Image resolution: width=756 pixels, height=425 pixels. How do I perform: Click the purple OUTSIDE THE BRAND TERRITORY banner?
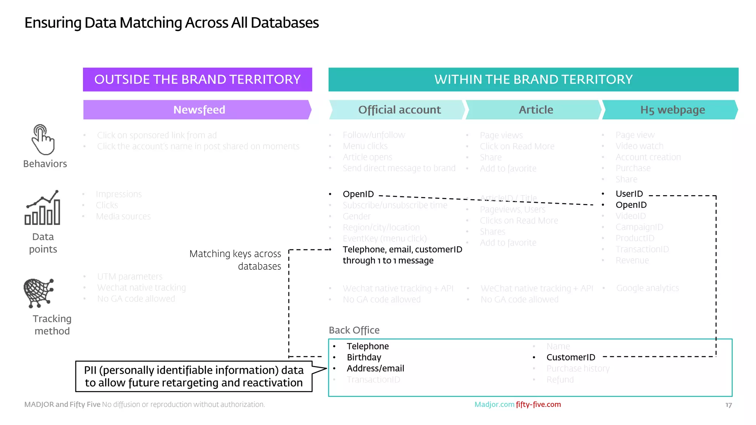(x=197, y=79)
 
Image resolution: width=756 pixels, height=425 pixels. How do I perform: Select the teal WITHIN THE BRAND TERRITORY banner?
(x=533, y=79)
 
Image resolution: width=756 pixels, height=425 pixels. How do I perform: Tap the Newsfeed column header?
(x=199, y=110)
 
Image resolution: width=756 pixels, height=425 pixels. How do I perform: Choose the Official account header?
(x=399, y=110)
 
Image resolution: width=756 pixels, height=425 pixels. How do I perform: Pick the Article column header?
(x=536, y=110)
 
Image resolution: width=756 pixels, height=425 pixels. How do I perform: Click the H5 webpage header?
(x=672, y=110)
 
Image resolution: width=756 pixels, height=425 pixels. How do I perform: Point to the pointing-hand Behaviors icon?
(x=43, y=139)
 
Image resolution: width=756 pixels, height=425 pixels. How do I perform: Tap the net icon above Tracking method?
(x=39, y=293)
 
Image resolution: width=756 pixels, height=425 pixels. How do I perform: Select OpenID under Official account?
(x=358, y=194)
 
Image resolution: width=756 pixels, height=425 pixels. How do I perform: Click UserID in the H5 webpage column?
(x=629, y=194)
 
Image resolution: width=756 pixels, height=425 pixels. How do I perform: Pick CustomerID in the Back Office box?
(x=571, y=357)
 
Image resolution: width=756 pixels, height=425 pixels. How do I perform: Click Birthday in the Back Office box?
(x=364, y=357)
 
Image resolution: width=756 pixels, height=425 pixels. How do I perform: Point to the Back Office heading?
(x=354, y=330)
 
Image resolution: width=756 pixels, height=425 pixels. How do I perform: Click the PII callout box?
(x=194, y=376)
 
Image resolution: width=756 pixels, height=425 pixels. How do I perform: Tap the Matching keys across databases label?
(x=236, y=260)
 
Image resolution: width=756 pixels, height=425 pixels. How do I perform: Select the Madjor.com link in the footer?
(x=494, y=404)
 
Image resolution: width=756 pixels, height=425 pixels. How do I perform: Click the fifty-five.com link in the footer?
(x=538, y=404)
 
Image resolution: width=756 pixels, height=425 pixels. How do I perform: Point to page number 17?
(x=728, y=405)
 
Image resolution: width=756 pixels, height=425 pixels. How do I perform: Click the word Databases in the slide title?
(x=285, y=23)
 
